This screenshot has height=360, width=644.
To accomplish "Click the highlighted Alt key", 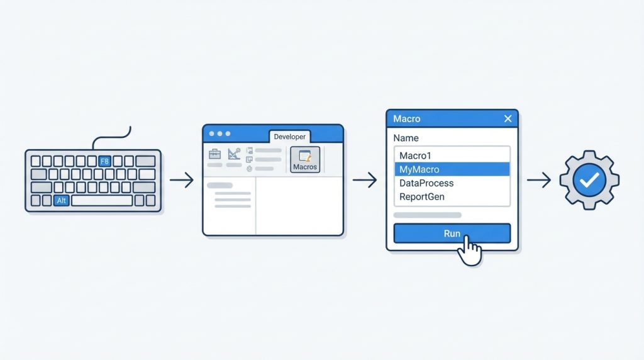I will tap(62, 201).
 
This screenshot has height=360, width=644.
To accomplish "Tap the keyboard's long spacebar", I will tap(102, 201).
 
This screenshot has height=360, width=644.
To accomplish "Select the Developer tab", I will tap(290, 137).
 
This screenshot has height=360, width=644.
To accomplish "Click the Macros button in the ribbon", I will tap(305, 159).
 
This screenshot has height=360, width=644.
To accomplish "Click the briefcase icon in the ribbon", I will tap(214, 154).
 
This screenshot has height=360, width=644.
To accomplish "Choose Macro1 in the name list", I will tap(416, 155).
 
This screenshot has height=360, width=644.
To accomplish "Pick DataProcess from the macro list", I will tap(426, 183).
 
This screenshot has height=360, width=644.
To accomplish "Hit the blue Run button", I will tap(452, 233).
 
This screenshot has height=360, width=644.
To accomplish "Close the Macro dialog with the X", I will tap(508, 119).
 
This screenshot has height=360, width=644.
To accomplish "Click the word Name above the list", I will tap(406, 138).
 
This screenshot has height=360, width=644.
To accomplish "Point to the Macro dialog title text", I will tap(406, 119).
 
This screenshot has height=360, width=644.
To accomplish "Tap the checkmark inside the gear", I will tap(589, 181).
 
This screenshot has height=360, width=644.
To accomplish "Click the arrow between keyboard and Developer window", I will tap(182, 181).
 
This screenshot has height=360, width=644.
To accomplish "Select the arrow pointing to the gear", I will tap(538, 181).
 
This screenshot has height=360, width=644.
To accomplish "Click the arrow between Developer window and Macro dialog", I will tap(364, 181).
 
